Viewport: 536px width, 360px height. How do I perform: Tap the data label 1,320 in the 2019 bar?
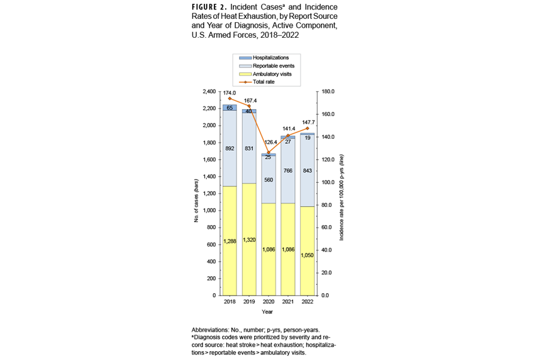248,240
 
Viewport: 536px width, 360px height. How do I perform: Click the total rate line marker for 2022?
307,129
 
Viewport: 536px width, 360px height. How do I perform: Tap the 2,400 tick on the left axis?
207,92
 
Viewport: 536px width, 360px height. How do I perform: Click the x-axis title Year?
268,311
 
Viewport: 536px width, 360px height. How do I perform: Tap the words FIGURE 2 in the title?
214,8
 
